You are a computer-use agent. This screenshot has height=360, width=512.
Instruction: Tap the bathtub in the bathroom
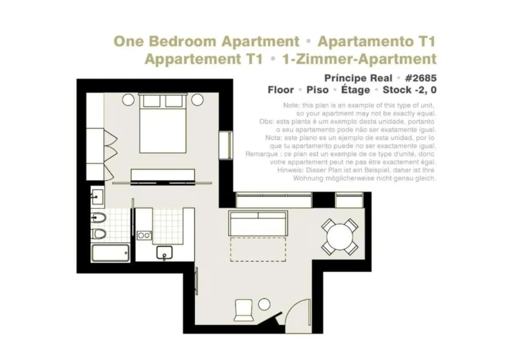[110, 253]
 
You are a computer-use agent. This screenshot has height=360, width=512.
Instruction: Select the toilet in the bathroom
[98, 234]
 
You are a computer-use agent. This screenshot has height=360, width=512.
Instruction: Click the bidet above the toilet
[98, 218]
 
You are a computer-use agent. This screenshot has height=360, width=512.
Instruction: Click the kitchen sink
[164, 253]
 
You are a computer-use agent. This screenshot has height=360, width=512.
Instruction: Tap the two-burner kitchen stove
[144, 236]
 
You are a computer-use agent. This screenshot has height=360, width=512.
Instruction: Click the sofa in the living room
[258, 223]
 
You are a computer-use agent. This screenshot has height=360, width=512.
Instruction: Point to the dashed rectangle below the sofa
[258, 250]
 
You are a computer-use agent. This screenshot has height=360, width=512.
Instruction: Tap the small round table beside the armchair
[264, 304]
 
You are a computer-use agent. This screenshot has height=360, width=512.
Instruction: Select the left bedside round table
[128, 99]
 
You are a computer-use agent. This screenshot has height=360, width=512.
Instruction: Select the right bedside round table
[197, 99]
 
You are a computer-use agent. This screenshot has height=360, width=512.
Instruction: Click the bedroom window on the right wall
[226, 145]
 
